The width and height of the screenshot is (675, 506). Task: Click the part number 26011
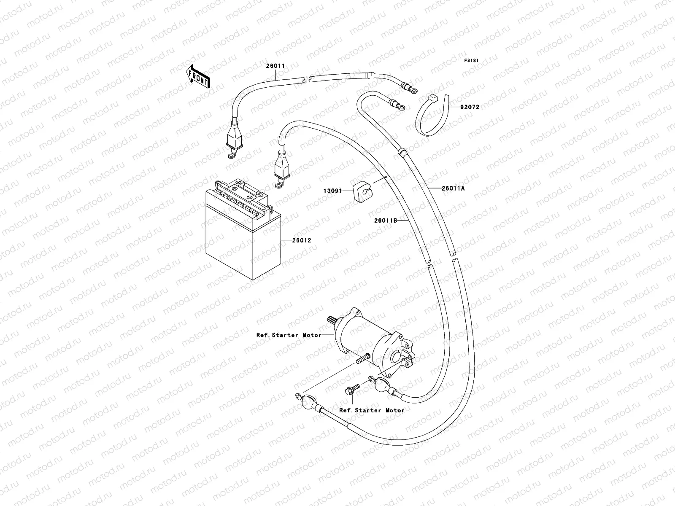(x=275, y=66)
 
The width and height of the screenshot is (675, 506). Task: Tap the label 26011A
(x=453, y=188)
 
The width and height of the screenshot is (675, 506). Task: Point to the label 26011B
(x=386, y=220)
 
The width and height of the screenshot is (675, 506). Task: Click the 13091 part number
(x=332, y=191)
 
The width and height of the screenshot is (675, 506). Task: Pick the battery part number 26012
(x=301, y=240)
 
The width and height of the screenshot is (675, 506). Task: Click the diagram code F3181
(x=472, y=61)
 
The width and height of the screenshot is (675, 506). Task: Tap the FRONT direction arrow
(x=199, y=75)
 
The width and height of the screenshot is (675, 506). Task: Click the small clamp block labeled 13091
(x=363, y=192)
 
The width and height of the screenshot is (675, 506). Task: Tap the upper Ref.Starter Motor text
(x=289, y=335)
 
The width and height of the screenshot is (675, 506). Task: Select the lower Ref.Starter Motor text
(x=372, y=410)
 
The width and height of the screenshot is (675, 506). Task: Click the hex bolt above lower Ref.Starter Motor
(x=350, y=390)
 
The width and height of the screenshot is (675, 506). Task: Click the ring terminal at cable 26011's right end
(x=411, y=89)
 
